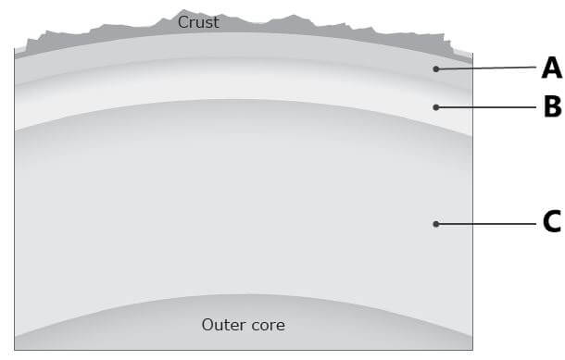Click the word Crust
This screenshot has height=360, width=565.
[198, 22]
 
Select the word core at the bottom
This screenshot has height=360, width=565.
[268, 326]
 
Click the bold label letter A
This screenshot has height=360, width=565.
[552, 68]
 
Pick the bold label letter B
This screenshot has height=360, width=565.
[553, 106]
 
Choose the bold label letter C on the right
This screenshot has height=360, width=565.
[552, 222]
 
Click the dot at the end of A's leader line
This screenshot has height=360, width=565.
[436, 69]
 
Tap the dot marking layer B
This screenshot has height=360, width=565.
[436, 107]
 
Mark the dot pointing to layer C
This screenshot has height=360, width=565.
[436, 224]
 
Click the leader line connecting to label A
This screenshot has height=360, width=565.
[486, 68]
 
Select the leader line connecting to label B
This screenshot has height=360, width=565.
[486, 107]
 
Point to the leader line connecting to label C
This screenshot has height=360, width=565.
[486, 224]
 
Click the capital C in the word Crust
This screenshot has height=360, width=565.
[183, 22]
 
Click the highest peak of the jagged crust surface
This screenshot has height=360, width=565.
[183, 10]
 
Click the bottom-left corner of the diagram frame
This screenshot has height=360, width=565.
[15, 350]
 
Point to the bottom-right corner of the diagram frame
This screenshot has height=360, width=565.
[472, 350]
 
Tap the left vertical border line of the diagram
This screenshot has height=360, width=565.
[15, 199]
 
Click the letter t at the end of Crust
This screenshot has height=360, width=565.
[216, 23]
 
